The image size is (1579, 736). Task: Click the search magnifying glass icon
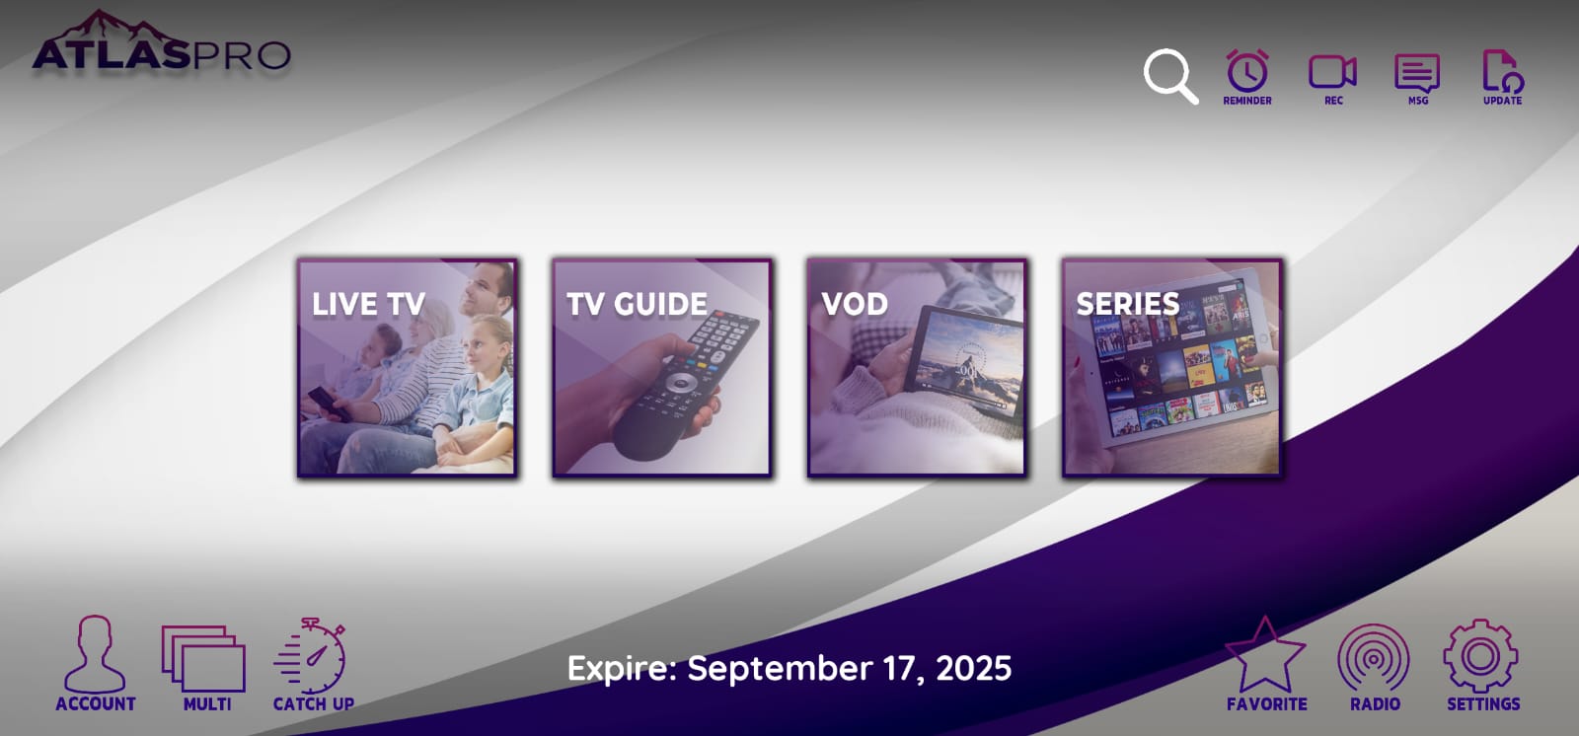point(1169,76)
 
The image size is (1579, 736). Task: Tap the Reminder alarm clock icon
point(1247,73)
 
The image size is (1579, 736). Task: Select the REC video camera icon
point(1332,73)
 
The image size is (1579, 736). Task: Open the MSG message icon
point(1417,73)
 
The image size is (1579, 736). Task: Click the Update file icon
point(1502,73)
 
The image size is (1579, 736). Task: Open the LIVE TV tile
point(407,368)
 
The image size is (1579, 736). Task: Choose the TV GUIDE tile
point(661,368)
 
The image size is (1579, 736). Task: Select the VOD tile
point(916,368)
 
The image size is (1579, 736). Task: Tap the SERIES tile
point(1171,368)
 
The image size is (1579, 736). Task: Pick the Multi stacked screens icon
point(204,658)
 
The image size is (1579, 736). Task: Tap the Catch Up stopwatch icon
point(312,658)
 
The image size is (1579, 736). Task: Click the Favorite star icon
point(1265,656)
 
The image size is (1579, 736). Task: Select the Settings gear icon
point(1480,656)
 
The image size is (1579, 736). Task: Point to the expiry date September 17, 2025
point(849,669)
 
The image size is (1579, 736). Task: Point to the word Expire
point(621,669)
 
